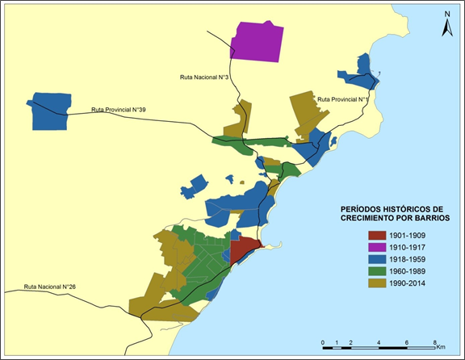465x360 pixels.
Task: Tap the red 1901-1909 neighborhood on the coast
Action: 245,250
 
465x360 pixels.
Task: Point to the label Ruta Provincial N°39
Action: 118,109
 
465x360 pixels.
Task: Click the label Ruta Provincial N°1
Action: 343,99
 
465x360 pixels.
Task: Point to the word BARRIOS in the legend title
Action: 429,218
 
